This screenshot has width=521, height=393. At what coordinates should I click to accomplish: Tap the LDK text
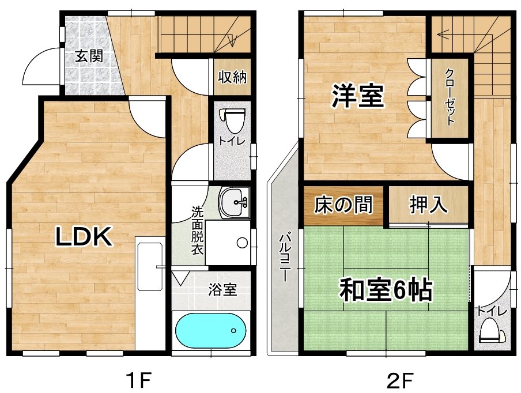[83, 236]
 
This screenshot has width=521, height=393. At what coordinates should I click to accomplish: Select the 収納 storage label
[232, 77]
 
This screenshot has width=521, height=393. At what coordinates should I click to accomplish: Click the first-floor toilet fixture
[232, 121]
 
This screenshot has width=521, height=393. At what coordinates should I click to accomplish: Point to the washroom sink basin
[234, 202]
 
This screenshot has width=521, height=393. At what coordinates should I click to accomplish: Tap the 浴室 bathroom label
[222, 290]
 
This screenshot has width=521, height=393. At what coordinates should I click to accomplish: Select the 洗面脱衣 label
[197, 231]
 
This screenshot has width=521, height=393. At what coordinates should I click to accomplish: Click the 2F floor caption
[400, 380]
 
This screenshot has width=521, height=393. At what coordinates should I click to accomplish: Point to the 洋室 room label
[357, 96]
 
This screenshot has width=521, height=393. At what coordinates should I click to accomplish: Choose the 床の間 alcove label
[343, 205]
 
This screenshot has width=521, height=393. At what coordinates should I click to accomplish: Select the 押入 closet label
[428, 205]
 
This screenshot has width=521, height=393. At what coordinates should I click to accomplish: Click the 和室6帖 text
[386, 290]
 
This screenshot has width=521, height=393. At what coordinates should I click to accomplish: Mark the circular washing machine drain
[243, 243]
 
